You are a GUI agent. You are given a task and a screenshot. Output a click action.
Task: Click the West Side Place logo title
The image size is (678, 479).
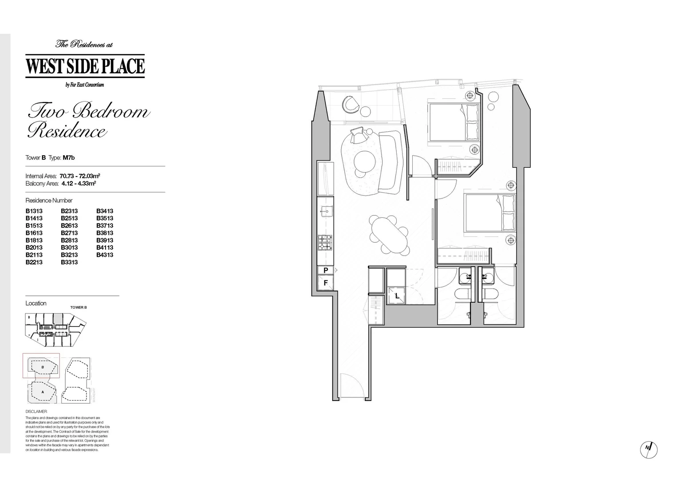pos(85,66)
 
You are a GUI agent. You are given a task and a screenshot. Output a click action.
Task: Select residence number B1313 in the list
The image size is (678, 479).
pos(34,211)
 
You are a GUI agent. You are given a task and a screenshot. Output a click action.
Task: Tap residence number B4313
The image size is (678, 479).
pos(105,255)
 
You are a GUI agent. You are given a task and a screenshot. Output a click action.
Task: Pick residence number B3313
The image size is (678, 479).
pos(69,262)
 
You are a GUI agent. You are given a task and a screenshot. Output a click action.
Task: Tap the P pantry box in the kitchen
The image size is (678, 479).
pos(325,270)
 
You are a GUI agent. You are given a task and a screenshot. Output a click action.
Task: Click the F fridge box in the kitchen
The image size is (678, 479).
pos(325,283)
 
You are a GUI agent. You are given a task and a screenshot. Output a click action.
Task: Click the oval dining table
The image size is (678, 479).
pos(389,235)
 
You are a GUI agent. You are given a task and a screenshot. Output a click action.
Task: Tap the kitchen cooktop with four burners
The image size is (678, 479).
pos(325,243)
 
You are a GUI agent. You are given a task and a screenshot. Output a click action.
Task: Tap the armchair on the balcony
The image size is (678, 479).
pos(351,105)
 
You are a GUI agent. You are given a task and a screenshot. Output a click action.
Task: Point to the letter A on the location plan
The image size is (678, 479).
pos(43,392)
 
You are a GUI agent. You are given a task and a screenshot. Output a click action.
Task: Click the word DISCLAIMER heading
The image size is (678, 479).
pos(36,412)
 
